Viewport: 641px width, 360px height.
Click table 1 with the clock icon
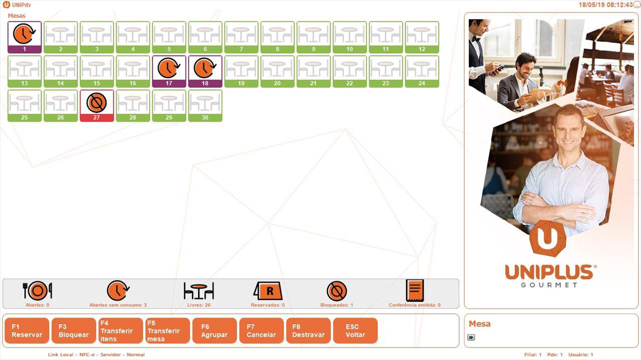(x=25, y=37)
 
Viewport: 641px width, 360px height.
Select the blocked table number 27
(x=97, y=106)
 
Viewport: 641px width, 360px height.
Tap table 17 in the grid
(x=169, y=71)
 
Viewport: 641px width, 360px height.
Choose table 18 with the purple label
(x=205, y=71)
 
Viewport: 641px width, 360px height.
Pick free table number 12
(x=422, y=37)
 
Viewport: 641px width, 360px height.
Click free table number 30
(x=205, y=106)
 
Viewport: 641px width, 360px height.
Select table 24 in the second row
(x=422, y=71)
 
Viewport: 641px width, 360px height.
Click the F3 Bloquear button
(x=74, y=331)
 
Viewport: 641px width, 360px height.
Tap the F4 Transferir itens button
(x=121, y=331)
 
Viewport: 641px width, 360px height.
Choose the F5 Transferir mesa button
(x=168, y=331)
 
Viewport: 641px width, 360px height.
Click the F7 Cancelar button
(x=261, y=331)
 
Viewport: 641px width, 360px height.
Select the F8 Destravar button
(x=308, y=331)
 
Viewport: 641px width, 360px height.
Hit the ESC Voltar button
(x=355, y=331)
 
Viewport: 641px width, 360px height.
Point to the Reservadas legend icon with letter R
(x=268, y=291)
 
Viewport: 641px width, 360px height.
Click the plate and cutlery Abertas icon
(x=38, y=291)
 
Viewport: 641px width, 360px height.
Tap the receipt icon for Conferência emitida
(x=415, y=290)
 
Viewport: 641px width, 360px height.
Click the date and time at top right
(x=605, y=5)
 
